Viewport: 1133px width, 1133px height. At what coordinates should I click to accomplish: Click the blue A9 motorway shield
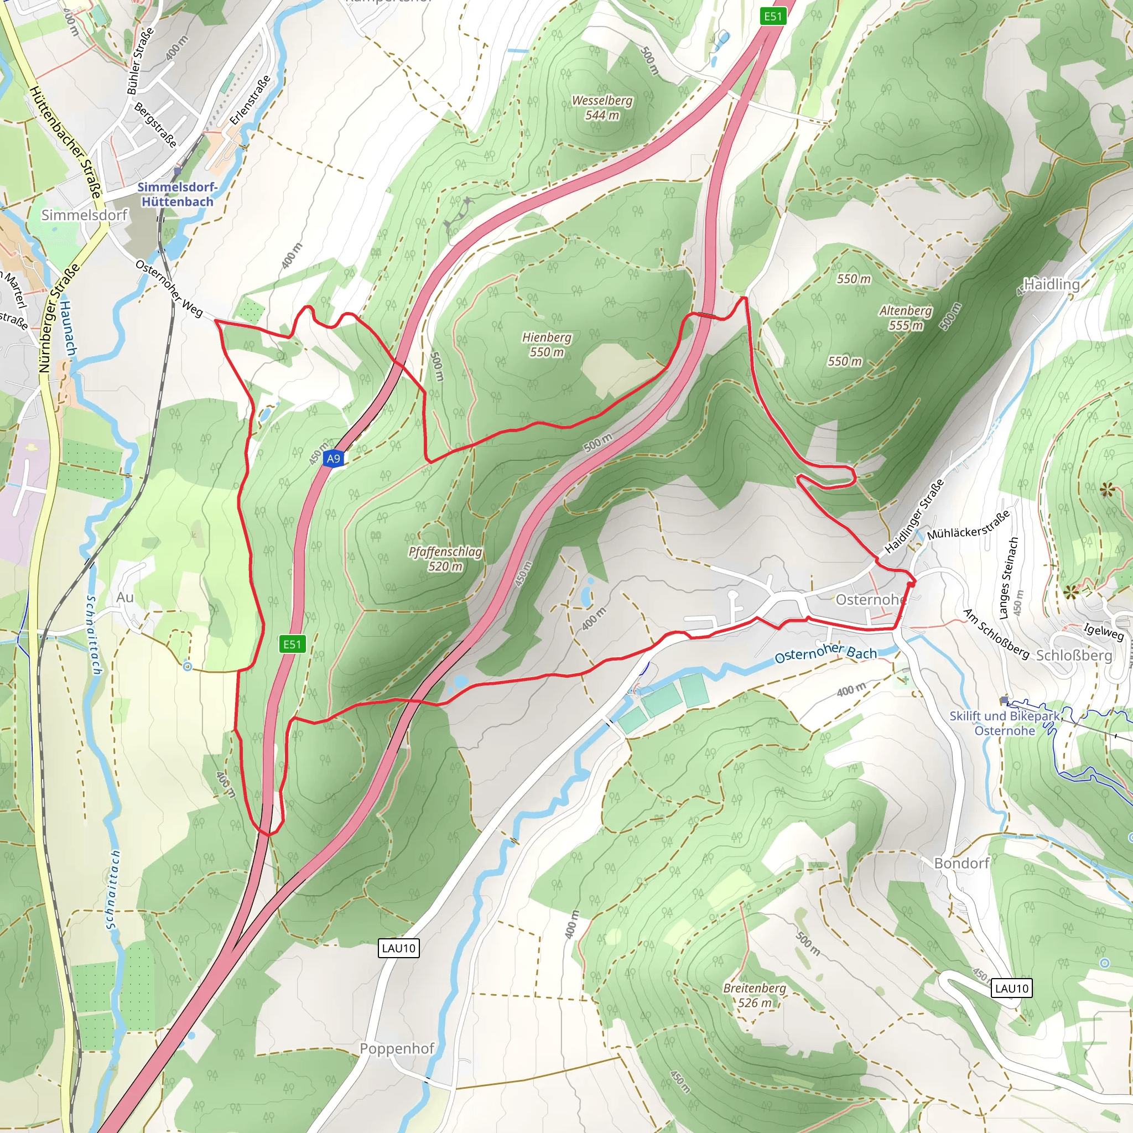click(x=333, y=459)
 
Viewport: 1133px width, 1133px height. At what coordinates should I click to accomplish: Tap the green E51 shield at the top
click(x=772, y=16)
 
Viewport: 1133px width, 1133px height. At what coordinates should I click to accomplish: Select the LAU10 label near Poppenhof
click(x=399, y=948)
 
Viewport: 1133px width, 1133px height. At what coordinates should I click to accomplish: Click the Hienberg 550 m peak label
click(x=547, y=345)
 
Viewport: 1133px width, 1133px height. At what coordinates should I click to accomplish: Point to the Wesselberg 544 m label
click(x=602, y=107)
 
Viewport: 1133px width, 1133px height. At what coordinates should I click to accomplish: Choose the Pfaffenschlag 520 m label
click(x=445, y=559)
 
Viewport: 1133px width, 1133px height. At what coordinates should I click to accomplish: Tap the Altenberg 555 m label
click(x=906, y=318)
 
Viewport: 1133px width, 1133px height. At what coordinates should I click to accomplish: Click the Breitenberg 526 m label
click(x=754, y=995)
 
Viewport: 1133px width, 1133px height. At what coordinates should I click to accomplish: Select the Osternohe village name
click(x=870, y=599)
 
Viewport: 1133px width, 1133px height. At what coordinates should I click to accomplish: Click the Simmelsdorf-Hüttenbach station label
click(x=177, y=194)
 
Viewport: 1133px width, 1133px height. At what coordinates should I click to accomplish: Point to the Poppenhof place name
click(x=397, y=1048)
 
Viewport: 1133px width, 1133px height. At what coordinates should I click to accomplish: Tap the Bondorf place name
click(x=962, y=863)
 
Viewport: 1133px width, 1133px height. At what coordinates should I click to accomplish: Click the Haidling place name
click(x=1052, y=284)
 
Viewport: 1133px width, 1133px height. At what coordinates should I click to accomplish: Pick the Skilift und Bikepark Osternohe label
click(x=1005, y=723)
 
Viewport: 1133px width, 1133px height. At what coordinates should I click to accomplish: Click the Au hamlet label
click(x=125, y=597)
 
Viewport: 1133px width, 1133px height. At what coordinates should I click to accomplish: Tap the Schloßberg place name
click(x=1074, y=655)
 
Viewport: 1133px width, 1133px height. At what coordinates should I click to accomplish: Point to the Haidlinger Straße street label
click(x=914, y=516)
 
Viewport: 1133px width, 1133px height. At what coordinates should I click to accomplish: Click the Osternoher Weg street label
click(x=169, y=289)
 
